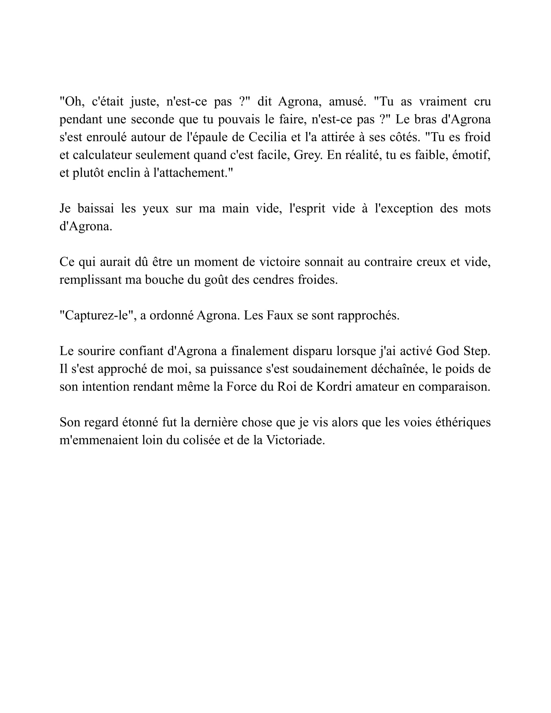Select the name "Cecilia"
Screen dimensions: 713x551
coord(268,137)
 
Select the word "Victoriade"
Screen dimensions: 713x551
coord(295,440)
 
